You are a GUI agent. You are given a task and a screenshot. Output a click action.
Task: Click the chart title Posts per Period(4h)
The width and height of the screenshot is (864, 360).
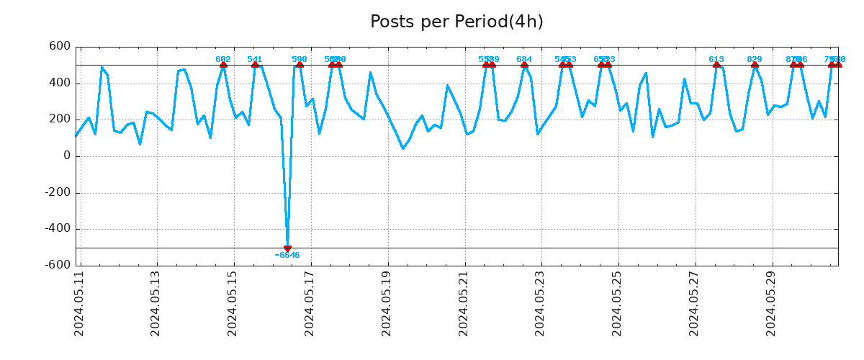coord(456,22)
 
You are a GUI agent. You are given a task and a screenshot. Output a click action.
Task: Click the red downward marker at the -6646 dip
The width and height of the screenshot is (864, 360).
coord(287,248)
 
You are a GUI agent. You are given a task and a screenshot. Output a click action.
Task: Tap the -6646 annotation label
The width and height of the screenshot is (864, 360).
coord(287,256)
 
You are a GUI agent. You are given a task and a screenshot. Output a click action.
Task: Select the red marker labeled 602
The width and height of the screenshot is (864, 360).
coord(223,65)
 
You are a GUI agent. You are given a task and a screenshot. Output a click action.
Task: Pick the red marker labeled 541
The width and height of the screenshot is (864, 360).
coord(255,65)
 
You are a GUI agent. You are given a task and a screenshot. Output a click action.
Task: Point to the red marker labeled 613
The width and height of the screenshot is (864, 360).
coord(716,65)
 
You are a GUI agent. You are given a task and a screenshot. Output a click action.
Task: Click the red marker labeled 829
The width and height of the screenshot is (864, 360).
coord(755,65)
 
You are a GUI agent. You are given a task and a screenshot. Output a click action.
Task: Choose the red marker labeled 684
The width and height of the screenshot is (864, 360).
coord(524,65)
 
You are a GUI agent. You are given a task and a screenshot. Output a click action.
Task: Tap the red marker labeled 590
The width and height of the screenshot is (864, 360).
coord(300,65)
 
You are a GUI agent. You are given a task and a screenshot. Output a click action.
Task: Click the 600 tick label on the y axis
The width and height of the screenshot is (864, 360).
coord(60,47)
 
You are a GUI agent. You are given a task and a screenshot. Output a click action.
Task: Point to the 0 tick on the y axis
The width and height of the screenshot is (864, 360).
coord(67,156)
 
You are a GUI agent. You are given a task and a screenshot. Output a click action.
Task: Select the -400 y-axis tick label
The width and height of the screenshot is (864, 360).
coord(57,229)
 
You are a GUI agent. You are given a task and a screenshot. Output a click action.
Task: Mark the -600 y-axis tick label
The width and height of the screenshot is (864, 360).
coord(57,265)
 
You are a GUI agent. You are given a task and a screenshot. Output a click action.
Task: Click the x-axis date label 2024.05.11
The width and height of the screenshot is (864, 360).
coord(80,303)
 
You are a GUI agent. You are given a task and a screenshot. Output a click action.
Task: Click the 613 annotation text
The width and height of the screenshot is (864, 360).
coord(716,59)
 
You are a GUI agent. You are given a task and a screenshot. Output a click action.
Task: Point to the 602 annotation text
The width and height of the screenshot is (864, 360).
coord(223,59)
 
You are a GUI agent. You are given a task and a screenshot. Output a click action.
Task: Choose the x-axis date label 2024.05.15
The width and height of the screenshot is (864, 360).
coord(233,303)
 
